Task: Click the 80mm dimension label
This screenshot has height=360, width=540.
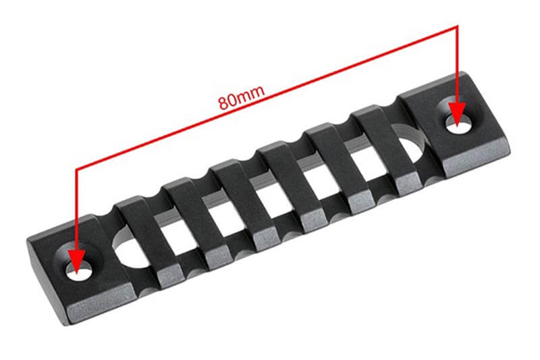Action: [x=242, y=97]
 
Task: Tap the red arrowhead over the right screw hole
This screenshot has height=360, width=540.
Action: [x=457, y=113]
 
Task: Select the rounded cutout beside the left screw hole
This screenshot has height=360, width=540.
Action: [x=129, y=250]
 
